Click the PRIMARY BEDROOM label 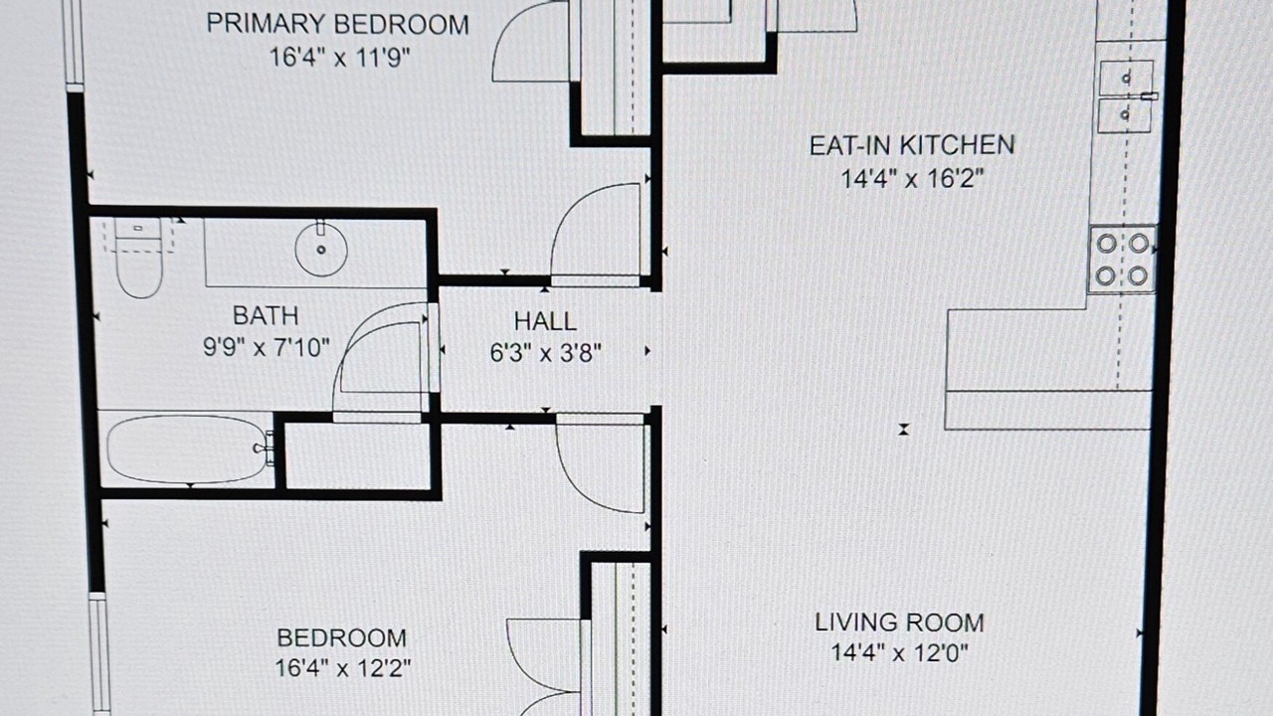pyautogui.click(x=337, y=24)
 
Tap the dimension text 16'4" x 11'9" pyautogui.click(x=339, y=58)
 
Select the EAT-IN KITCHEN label pyautogui.click(x=912, y=145)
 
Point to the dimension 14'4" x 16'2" pyautogui.click(x=912, y=179)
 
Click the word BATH pyautogui.click(x=266, y=316)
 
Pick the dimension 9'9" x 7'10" pyautogui.click(x=267, y=347)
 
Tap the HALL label pyautogui.click(x=545, y=321)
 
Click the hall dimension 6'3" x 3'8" pyautogui.click(x=546, y=353)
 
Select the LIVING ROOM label pyautogui.click(x=900, y=623)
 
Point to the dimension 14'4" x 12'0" pyautogui.click(x=899, y=653)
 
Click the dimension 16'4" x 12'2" pyautogui.click(x=343, y=667)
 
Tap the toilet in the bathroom pyautogui.click(x=138, y=258)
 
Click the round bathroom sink pyautogui.click(x=321, y=249)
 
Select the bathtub pyautogui.click(x=188, y=448)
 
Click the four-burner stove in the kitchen pyautogui.click(x=1123, y=260)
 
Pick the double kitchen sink pyautogui.click(x=1126, y=96)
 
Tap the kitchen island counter pyautogui.click(x=1047, y=369)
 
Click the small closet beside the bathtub pyautogui.click(x=357, y=455)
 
